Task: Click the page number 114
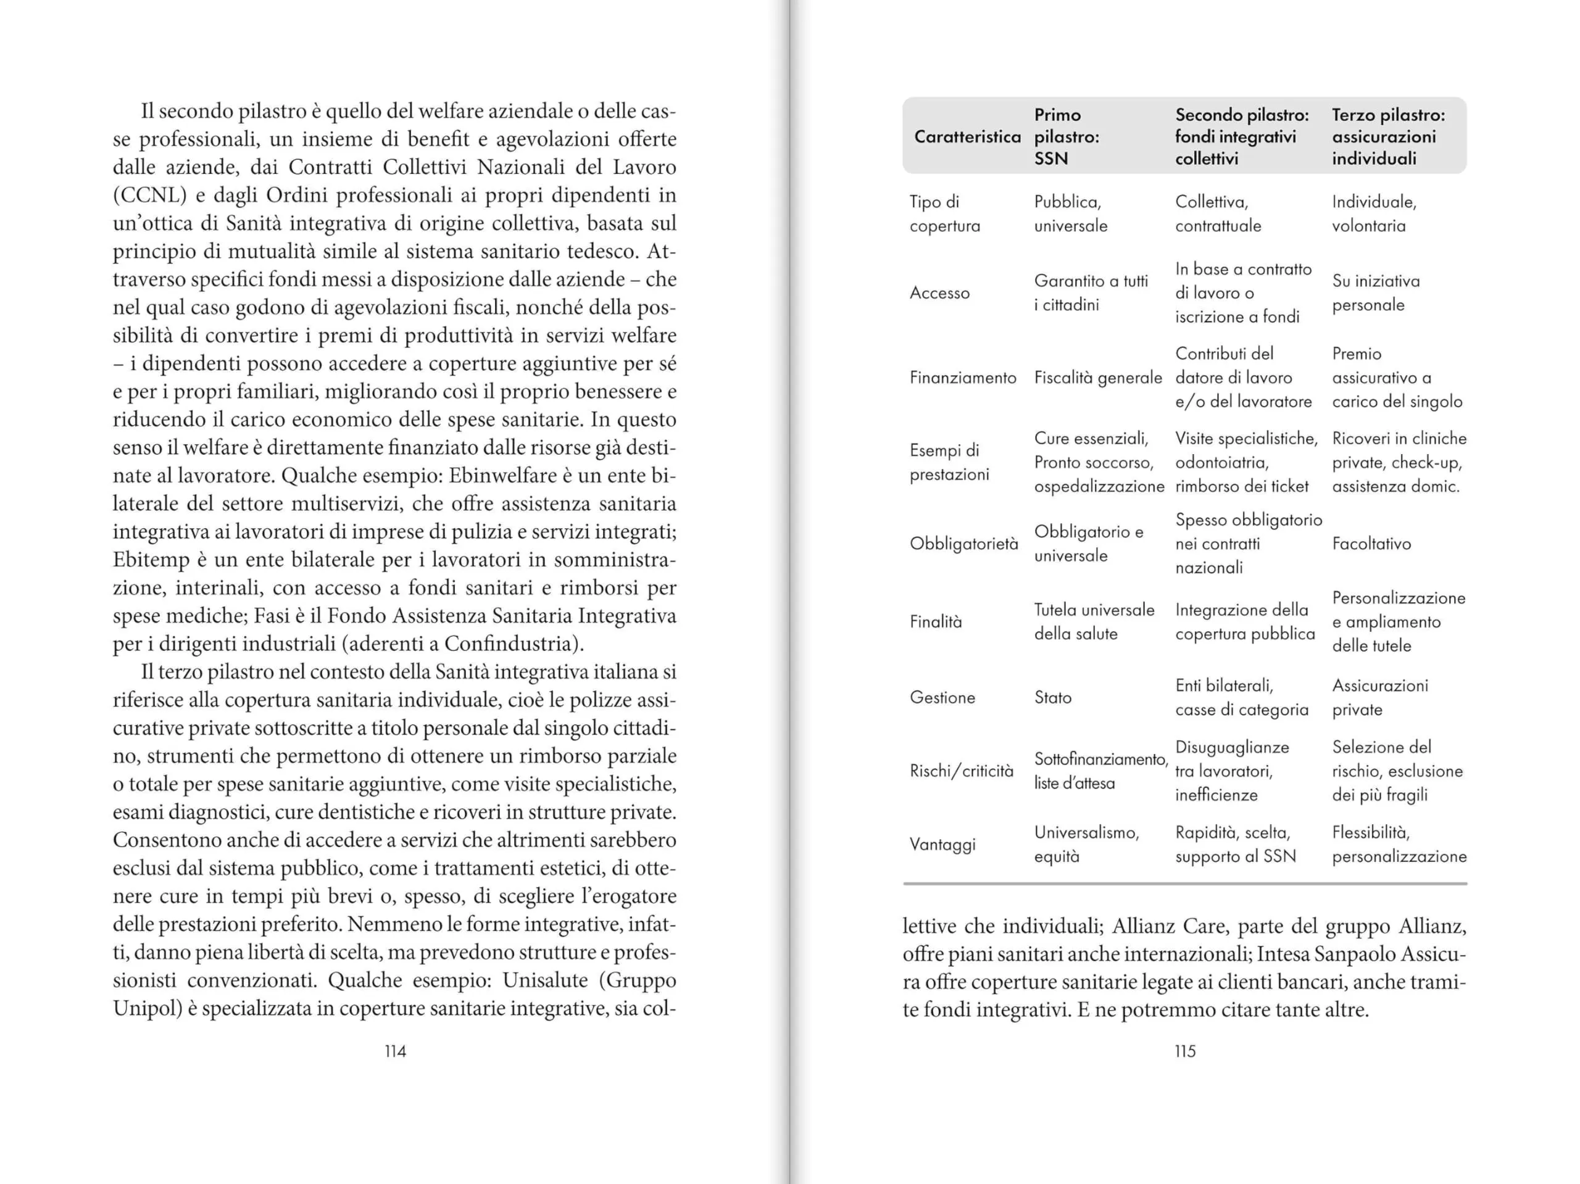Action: pos(395,1051)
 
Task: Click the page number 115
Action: pos(1184,1051)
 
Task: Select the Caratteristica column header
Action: pos(967,136)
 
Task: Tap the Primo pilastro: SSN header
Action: pos(1066,136)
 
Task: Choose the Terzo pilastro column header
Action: pos(1388,136)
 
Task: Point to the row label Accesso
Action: pos(939,293)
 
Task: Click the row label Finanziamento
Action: pos(962,378)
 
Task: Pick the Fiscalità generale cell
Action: pos(1098,378)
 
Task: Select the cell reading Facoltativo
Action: pos(1371,544)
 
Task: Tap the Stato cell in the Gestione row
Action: pos(1053,698)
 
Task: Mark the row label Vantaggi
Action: pos(942,845)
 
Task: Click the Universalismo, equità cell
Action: pos(1086,845)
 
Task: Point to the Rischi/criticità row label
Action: pos(961,771)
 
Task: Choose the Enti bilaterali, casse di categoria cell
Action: pos(1241,698)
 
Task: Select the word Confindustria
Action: pos(509,644)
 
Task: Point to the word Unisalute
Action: pos(548,980)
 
